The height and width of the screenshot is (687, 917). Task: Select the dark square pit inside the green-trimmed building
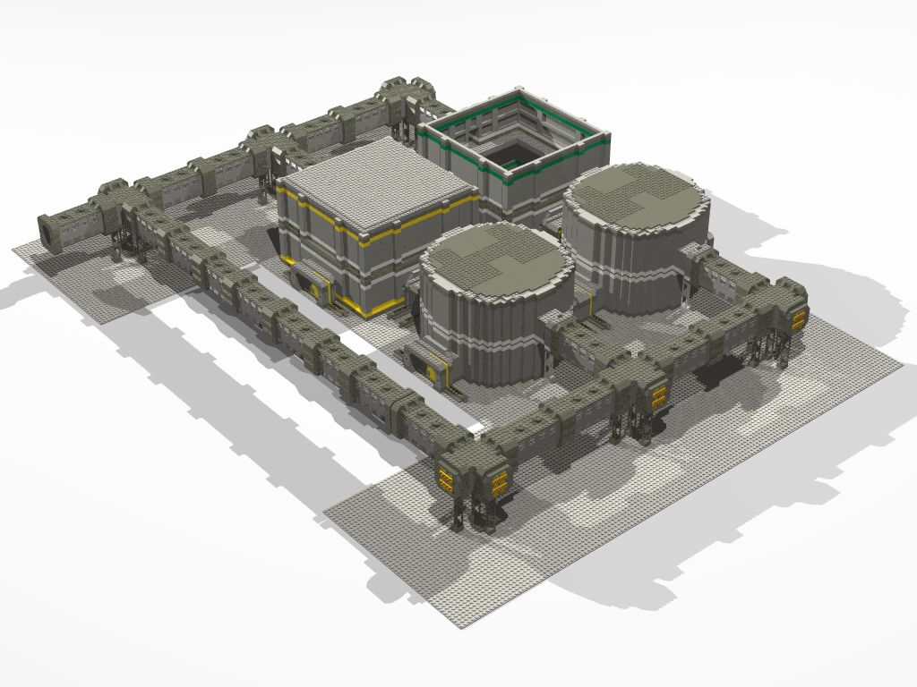513,154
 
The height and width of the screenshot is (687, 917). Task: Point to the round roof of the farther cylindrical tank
636,195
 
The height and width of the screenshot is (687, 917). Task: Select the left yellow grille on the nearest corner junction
445,478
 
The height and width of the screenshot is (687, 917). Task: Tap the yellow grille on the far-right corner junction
795,316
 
